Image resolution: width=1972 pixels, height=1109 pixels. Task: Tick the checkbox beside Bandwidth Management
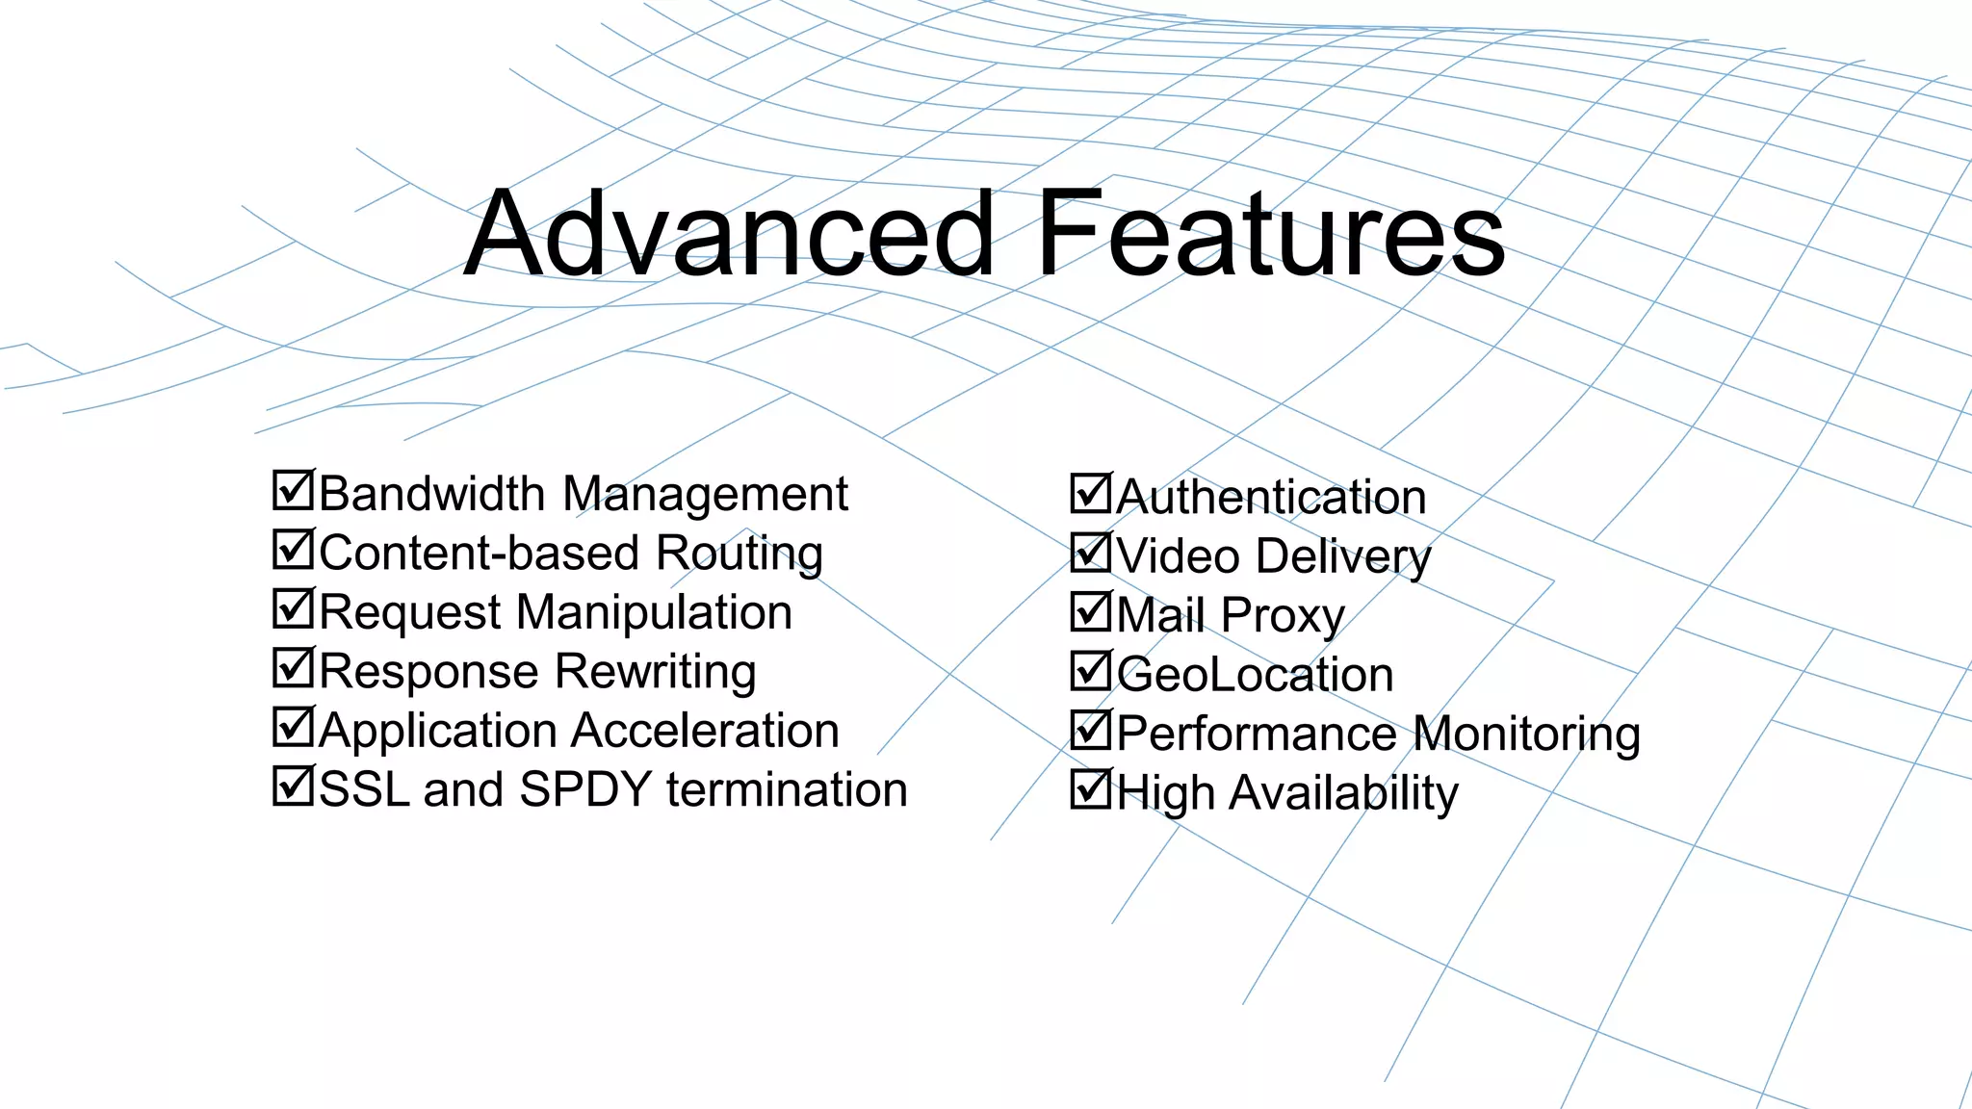click(293, 490)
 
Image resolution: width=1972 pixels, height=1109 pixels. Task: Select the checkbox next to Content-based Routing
click(293, 550)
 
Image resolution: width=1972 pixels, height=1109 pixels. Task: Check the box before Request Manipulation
click(293, 608)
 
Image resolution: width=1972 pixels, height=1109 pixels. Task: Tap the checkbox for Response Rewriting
click(293, 668)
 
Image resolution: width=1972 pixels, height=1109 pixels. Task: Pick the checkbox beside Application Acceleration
click(293, 728)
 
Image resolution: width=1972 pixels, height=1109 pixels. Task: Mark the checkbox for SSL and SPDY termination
click(293, 787)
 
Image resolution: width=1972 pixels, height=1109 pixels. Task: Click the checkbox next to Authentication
click(1091, 494)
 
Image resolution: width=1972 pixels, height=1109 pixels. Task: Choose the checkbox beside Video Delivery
click(1091, 554)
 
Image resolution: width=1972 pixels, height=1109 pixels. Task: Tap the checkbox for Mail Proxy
click(1091, 612)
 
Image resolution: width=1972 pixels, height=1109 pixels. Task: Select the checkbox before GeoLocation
click(1091, 672)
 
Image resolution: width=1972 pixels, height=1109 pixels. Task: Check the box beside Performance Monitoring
click(1091, 731)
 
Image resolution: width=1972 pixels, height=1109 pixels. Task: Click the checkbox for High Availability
click(1091, 790)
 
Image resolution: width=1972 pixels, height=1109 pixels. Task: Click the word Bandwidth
click(431, 494)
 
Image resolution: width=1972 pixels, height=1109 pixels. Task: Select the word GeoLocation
click(1255, 674)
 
